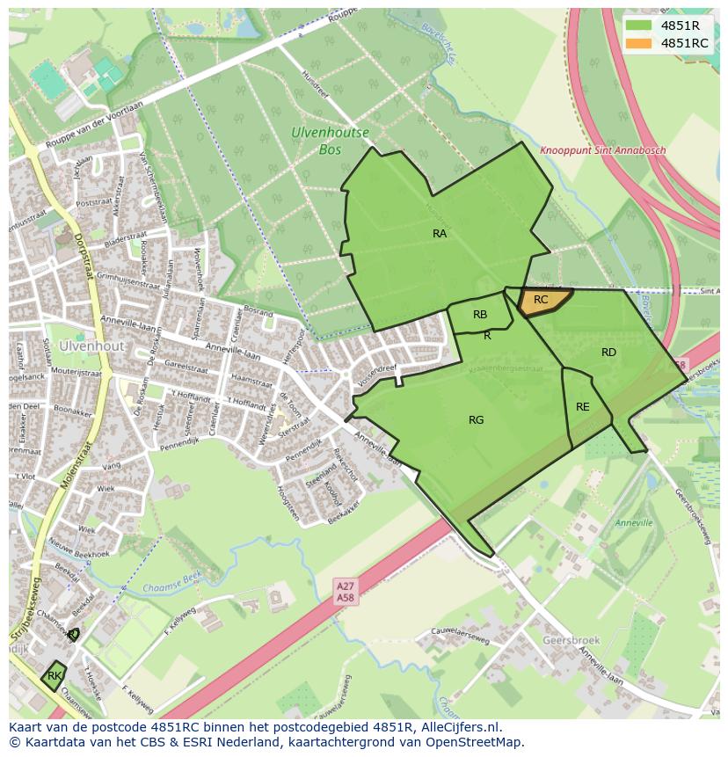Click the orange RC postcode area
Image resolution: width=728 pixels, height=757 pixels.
(x=542, y=301)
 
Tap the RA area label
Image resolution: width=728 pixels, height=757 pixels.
(x=440, y=234)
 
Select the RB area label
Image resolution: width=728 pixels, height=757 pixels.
(x=480, y=315)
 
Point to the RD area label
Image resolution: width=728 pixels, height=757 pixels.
(x=608, y=353)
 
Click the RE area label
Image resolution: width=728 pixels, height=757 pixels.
(x=583, y=407)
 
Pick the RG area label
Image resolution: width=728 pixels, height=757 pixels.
(x=476, y=420)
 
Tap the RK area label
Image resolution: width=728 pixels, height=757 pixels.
(x=55, y=675)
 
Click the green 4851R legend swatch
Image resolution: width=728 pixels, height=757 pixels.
(x=639, y=25)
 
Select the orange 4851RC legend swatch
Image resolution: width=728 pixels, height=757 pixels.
(x=639, y=43)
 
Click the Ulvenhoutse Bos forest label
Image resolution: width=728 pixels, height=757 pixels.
(x=330, y=142)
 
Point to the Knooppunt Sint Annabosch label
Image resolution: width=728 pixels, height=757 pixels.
(x=602, y=150)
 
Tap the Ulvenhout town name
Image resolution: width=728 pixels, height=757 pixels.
(x=91, y=346)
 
